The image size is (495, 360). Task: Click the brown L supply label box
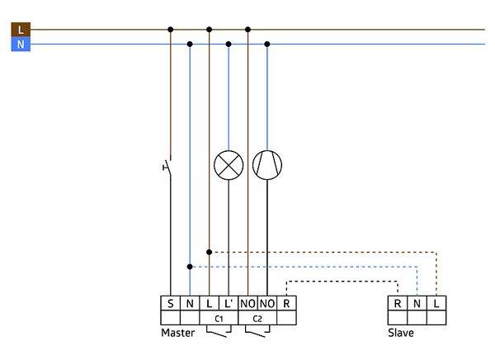(x=20, y=30)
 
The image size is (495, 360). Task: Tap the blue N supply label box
(x=20, y=45)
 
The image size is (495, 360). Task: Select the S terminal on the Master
(x=170, y=304)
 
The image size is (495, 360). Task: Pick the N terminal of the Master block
(x=189, y=304)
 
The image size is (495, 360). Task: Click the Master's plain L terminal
(x=209, y=304)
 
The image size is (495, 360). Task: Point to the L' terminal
(x=229, y=304)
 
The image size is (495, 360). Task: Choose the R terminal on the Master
(x=286, y=304)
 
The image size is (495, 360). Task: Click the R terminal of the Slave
(x=398, y=304)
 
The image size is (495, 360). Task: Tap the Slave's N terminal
(x=417, y=304)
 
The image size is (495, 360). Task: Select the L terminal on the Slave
(x=436, y=304)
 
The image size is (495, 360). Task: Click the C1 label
(x=219, y=318)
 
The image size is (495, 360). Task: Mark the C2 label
(x=257, y=318)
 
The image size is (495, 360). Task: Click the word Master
(x=177, y=334)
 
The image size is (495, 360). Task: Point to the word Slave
(x=401, y=334)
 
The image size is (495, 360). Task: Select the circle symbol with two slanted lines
(x=266, y=165)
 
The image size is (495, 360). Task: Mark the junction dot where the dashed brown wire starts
(x=210, y=251)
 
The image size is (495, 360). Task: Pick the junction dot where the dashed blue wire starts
(x=190, y=266)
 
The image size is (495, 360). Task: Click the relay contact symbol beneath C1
(x=219, y=333)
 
